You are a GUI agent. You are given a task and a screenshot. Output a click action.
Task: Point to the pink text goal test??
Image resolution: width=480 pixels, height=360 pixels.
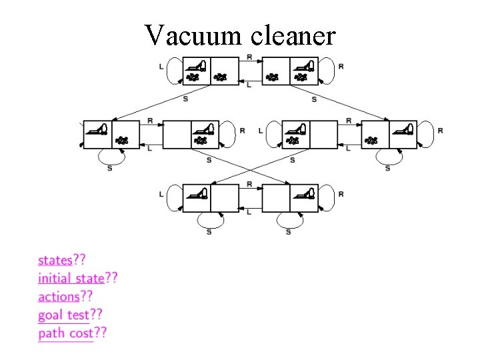click(x=70, y=314)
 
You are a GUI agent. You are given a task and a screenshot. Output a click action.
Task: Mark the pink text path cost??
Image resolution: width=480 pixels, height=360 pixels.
click(x=73, y=332)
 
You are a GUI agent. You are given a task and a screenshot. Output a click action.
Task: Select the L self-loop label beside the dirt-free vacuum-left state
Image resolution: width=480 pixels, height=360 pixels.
click(x=162, y=194)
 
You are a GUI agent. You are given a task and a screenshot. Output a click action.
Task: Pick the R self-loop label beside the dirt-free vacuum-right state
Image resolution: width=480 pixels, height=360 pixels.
click(x=341, y=194)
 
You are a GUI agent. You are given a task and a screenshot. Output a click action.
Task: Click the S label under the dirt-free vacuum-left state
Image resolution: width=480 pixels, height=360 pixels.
click(x=209, y=231)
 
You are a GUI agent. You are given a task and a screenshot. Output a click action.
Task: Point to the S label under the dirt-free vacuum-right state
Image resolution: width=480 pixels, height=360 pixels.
click(x=288, y=231)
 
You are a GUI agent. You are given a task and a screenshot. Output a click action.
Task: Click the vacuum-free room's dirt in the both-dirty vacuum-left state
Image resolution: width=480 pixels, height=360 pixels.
click(x=221, y=77)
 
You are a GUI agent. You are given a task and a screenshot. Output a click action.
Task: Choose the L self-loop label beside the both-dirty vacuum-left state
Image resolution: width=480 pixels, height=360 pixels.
click(x=162, y=66)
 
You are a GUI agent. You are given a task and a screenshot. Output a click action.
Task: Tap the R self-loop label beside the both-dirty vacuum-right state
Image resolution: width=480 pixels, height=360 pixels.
click(x=341, y=66)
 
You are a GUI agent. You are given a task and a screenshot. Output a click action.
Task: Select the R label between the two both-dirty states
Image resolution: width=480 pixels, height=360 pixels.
click(x=249, y=57)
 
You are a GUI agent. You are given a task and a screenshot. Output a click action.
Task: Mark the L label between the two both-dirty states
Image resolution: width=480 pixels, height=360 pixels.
click(x=249, y=85)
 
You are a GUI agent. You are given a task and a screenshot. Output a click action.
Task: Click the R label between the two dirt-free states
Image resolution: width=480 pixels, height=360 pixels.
click(x=249, y=184)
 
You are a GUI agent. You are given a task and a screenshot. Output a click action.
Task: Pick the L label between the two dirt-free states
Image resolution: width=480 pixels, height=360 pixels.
click(x=249, y=212)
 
